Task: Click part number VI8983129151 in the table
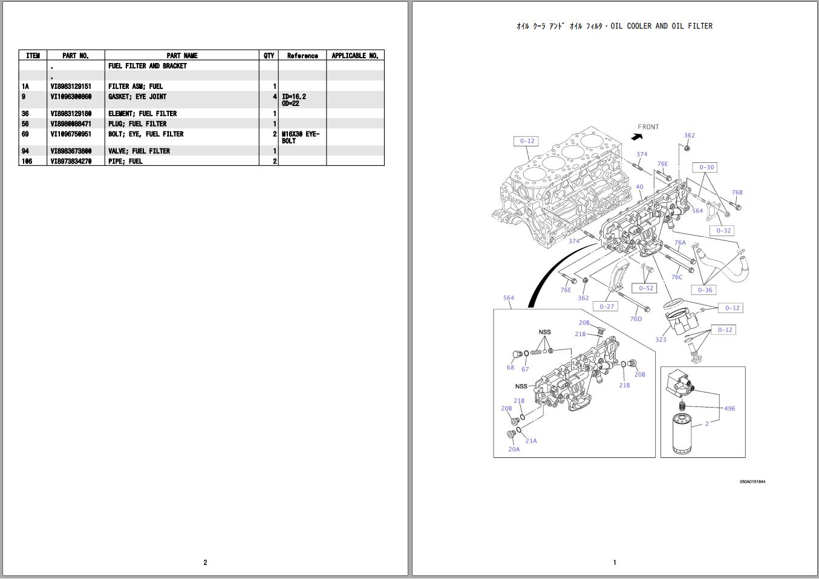coord(71,87)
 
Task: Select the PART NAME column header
coord(181,56)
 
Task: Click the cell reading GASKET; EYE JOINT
coord(137,97)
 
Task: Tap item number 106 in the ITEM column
coord(27,162)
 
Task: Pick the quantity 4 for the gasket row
coord(275,97)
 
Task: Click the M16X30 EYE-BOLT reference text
coord(300,137)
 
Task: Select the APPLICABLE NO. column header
coord(355,56)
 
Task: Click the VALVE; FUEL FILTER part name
coord(139,151)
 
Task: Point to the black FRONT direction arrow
coord(636,137)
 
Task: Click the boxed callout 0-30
coord(706,168)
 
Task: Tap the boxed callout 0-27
coord(607,306)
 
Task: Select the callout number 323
coord(661,340)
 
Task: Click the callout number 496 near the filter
coord(729,409)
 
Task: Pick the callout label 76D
coord(636,319)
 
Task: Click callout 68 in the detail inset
coord(511,368)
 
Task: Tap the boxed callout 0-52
coord(646,288)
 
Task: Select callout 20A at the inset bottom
coord(514,449)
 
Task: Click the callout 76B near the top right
coord(737,193)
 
